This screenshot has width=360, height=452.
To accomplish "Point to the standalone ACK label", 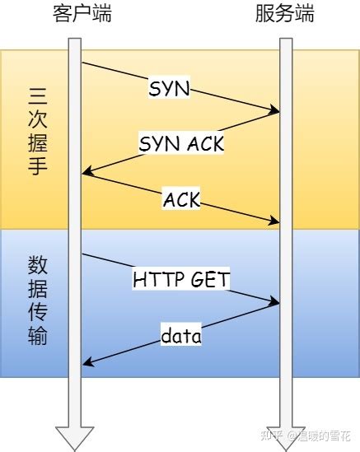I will click(181, 198).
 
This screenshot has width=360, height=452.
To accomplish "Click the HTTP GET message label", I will click(181, 279).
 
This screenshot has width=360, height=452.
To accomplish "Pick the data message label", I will click(181, 336).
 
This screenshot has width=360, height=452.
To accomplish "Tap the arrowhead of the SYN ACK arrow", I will click(86, 173).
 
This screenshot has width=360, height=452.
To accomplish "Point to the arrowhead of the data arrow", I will click(86, 363).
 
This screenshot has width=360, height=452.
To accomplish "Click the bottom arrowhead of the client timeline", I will click(75, 438).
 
